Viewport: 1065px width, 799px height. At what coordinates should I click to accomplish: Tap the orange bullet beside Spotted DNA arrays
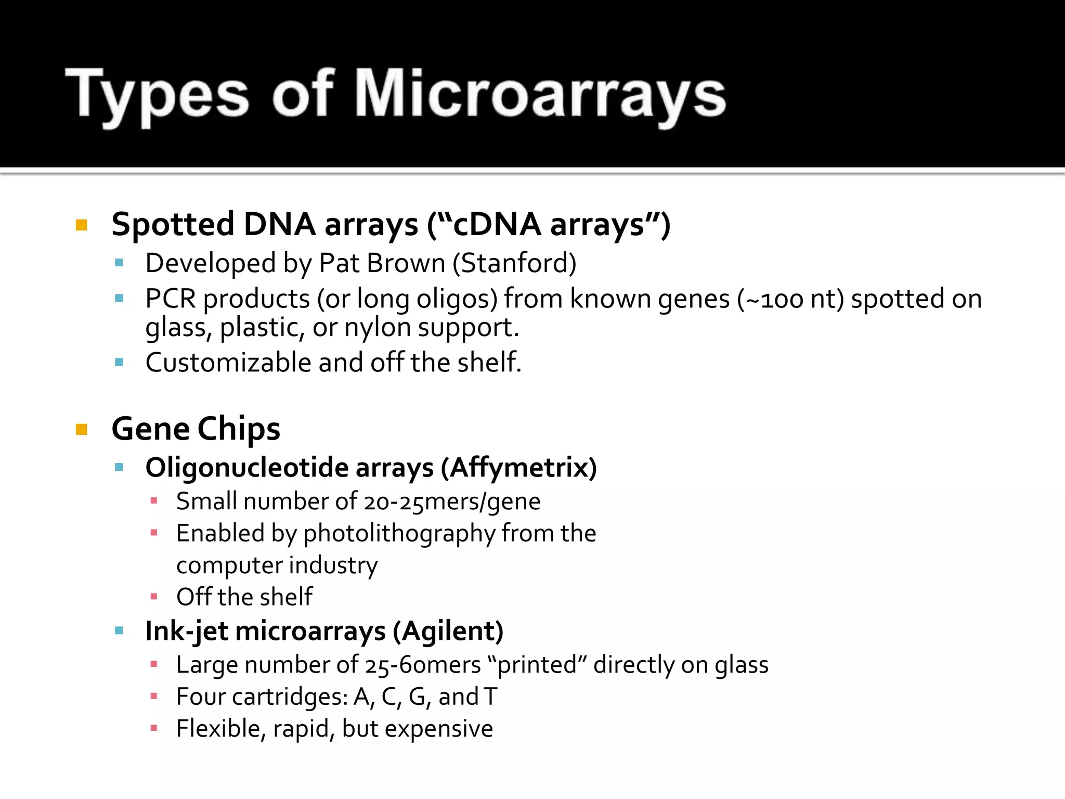tap(82, 225)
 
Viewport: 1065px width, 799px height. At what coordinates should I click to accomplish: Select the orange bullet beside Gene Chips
tap(82, 429)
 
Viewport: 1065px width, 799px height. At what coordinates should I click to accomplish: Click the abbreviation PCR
tap(171, 299)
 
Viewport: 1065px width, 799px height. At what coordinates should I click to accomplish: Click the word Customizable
tap(228, 363)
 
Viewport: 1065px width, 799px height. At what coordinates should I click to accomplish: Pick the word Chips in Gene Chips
tap(239, 430)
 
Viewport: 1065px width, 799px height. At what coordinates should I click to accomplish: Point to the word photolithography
tap(399, 534)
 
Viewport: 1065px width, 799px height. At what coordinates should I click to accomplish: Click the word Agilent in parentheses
tap(448, 632)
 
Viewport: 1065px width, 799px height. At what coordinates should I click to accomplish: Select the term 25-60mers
tap(423, 665)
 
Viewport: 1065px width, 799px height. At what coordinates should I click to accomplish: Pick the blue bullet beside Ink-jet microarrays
tap(119, 631)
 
